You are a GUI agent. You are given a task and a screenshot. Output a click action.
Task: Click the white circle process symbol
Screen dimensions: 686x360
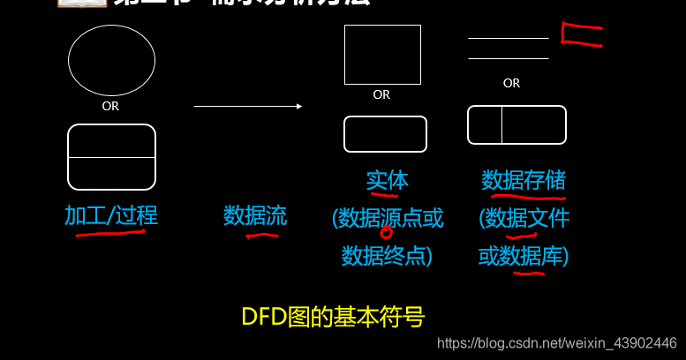click(x=111, y=60)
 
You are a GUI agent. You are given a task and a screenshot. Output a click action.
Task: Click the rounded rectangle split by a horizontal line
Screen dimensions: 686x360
click(x=111, y=157)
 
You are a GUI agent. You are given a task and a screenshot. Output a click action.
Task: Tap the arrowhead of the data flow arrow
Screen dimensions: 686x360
click(x=299, y=106)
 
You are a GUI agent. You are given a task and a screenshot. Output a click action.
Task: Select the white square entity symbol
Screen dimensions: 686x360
click(x=382, y=54)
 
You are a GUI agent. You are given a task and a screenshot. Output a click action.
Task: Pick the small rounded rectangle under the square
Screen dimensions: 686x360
click(x=385, y=134)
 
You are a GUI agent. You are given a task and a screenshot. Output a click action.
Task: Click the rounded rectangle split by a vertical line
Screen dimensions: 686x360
click(x=516, y=124)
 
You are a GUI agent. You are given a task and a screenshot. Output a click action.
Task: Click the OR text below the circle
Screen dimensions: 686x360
click(x=110, y=106)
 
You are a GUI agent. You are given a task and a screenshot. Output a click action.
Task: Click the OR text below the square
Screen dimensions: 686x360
click(x=381, y=94)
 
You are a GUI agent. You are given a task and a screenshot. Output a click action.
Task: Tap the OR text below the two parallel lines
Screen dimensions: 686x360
click(x=511, y=83)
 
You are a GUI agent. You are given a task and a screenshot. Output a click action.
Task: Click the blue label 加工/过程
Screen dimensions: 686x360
click(x=111, y=215)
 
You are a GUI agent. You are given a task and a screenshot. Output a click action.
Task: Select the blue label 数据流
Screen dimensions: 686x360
click(x=255, y=215)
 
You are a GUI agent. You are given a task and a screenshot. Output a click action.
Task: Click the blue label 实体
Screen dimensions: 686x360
click(x=387, y=181)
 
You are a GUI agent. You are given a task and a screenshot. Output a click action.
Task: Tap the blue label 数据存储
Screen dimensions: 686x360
click(x=524, y=181)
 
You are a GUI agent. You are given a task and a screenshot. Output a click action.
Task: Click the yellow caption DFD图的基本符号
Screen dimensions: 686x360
click(x=333, y=316)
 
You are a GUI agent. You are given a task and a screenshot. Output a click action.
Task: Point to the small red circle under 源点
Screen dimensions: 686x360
click(x=386, y=233)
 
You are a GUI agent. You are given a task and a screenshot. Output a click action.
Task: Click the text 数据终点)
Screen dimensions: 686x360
click(x=387, y=256)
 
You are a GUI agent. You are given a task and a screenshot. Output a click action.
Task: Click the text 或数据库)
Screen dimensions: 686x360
click(x=524, y=256)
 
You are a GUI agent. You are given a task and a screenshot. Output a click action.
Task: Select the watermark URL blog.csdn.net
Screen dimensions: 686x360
click(x=557, y=342)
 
